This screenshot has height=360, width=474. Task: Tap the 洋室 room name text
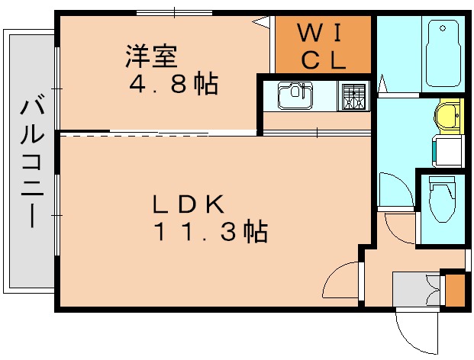tap(151, 56)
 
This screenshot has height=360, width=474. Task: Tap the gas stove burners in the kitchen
tap(352, 97)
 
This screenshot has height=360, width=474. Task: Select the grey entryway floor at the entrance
tap(412, 290)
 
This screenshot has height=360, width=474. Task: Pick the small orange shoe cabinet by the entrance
tap(454, 291)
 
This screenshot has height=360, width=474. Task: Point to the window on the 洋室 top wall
tap(175, 11)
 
